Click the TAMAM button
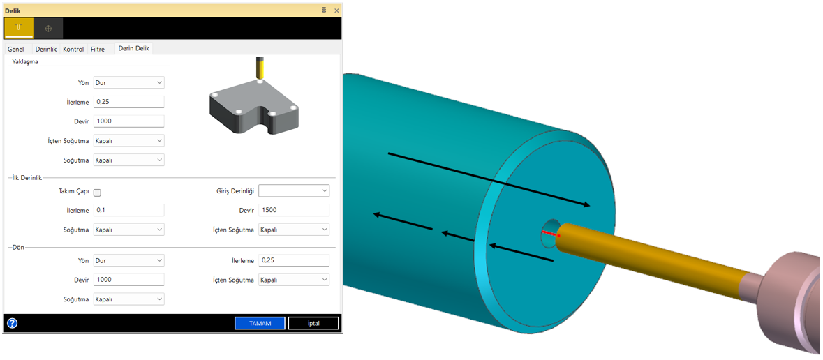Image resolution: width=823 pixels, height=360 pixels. [260, 323]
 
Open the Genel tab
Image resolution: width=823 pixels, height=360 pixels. [16, 49]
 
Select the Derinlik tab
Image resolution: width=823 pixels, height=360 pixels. [46, 49]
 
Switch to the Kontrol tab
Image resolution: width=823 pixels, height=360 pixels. [73, 49]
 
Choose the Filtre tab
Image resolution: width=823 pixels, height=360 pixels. [98, 49]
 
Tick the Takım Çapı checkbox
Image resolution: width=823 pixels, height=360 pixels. [98, 193]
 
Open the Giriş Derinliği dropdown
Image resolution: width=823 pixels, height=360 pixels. [294, 190]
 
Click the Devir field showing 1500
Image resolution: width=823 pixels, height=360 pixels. [294, 210]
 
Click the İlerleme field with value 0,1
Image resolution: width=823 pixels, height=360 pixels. [129, 210]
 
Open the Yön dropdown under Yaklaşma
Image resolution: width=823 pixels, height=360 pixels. [129, 82]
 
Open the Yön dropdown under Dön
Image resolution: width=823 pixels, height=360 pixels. [129, 260]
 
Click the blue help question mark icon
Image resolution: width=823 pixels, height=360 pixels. [12, 323]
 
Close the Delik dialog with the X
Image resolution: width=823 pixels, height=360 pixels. [336, 10]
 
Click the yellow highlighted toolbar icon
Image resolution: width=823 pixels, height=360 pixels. [18, 28]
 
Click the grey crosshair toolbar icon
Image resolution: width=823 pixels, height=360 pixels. [48, 28]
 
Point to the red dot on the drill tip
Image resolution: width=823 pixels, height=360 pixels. [558, 236]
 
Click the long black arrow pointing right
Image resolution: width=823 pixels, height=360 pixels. [489, 179]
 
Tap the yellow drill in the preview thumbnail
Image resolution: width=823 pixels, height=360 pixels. [260, 68]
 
